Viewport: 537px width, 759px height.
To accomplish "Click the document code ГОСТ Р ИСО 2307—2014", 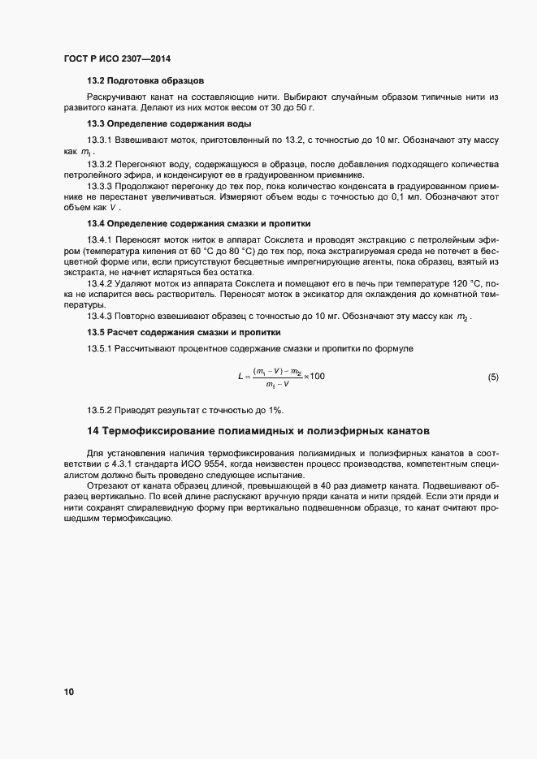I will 116,58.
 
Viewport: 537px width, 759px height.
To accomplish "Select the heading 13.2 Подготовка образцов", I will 145,81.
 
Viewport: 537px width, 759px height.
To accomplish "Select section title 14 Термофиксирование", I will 258,429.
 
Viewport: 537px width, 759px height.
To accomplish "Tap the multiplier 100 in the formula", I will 317,377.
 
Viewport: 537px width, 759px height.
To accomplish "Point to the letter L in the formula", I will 240,377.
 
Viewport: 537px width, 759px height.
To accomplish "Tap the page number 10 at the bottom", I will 68,692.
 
